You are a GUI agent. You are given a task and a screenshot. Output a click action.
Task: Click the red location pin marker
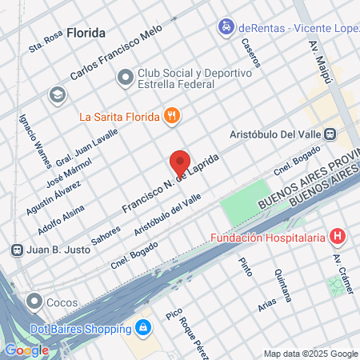[x=180, y=162]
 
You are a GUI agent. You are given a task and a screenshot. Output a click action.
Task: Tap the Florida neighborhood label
[x=86, y=34]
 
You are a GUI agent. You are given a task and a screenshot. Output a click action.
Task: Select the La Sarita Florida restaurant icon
[x=171, y=116]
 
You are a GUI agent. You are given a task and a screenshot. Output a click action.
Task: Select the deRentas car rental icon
[x=226, y=27]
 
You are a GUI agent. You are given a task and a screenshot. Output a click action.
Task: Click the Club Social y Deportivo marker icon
[x=126, y=78]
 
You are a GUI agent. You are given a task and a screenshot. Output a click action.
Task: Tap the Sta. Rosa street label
[x=46, y=42]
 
